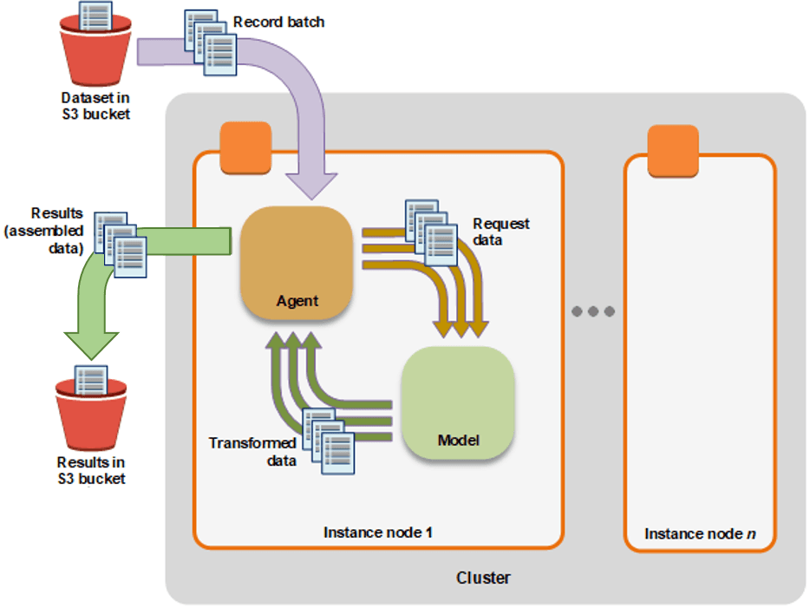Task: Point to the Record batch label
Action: (278, 22)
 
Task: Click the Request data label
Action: (500, 232)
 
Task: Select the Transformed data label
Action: (251, 452)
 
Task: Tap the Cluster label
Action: (483, 578)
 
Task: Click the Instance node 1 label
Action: (377, 532)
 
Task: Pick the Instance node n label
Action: (699, 533)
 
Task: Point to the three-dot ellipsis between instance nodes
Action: (594, 311)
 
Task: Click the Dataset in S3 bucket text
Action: (95, 106)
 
